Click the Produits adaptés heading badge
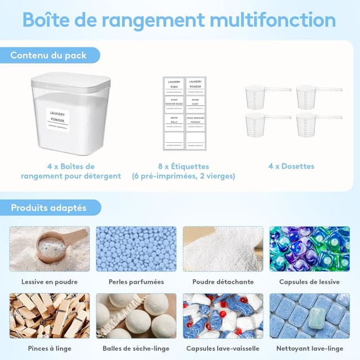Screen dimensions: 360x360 (x=48, y=208)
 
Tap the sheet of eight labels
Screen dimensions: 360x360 (x=185, y=113)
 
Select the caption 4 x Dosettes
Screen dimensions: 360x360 (x=291, y=166)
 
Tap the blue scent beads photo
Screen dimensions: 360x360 (x=136, y=249)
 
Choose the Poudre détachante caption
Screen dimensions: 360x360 (x=223, y=282)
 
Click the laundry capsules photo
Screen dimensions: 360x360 (x=309, y=249)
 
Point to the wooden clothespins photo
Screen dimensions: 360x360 (x=49, y=316)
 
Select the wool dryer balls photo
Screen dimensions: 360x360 (x=136, y=316)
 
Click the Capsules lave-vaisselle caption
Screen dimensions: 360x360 (x=223, y=349)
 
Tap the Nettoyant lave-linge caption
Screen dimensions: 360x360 (x=309, y=349)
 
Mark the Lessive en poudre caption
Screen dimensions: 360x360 (x=49, y=282)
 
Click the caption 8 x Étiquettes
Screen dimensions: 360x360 (x=183, y=166)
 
